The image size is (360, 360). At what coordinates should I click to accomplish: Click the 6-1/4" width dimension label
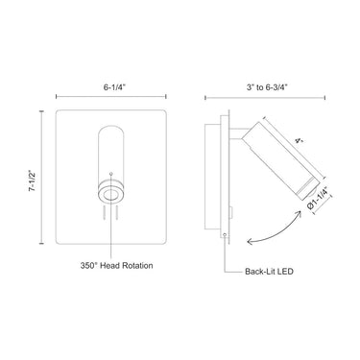pos(112,84)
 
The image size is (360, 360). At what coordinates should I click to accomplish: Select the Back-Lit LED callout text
pos(267,272)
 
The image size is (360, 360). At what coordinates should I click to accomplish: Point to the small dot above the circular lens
pos(112,174)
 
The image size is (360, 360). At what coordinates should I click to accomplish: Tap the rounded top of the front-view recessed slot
pos(112,130)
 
